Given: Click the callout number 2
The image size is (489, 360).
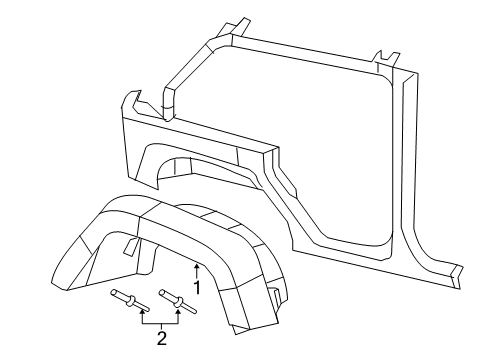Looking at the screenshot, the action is click(x=161, y=338).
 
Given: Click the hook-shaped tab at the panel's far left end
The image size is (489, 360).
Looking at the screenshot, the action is click(x=129, y=103).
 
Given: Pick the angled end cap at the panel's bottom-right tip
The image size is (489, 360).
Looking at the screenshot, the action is click(x=457, y=271).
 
